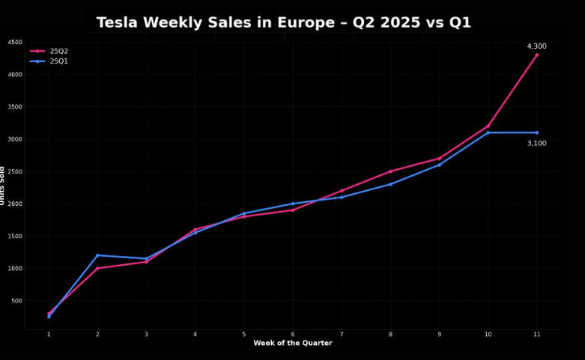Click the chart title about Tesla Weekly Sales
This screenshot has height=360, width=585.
pos(284,22)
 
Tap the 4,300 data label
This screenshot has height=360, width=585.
pos(536,46)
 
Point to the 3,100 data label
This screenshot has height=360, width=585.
pos(536,143)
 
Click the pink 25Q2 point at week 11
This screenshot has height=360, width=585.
pos(536,55)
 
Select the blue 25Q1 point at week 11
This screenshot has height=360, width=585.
pos(536,132)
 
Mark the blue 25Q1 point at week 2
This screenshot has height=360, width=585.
pos(97,255)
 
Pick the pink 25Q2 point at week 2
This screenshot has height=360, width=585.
pos(97,268)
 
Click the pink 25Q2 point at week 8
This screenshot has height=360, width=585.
pos(390,171)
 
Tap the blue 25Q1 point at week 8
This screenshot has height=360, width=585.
pos(390,184)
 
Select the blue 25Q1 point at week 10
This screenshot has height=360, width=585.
pos(488,132)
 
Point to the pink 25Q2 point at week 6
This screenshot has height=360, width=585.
pos(293,210)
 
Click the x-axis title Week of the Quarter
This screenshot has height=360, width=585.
pos(292,344)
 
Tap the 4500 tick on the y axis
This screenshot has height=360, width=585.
pos(15,43)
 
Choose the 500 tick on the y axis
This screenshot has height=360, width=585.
pos(16,301)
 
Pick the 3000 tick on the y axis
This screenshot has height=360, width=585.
pos(15,139)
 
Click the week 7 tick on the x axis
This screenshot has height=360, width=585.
pos(342,334)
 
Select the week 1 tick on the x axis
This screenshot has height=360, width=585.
pos(49,334)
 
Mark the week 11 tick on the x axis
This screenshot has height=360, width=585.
pos(536,334)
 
